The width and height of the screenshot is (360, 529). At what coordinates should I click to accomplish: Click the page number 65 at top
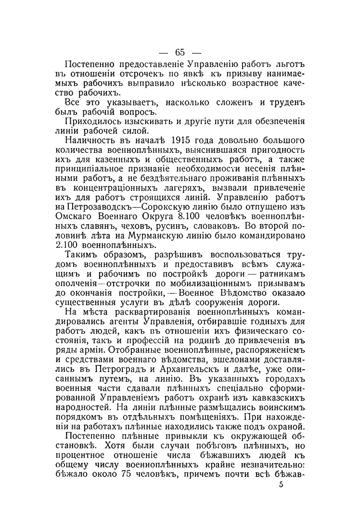[x=180, y=52]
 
